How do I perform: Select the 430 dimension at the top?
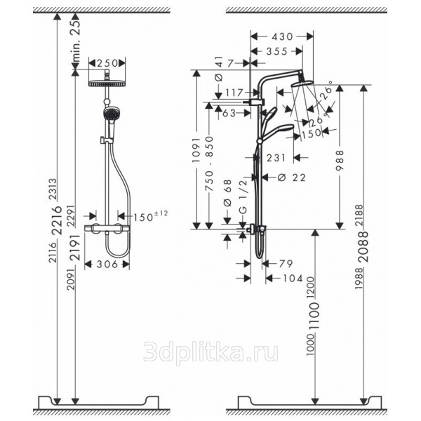click(x=281, y=36)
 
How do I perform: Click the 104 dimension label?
click(x=292, y=279)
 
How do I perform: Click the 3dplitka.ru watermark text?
click(x=210, y=352)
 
